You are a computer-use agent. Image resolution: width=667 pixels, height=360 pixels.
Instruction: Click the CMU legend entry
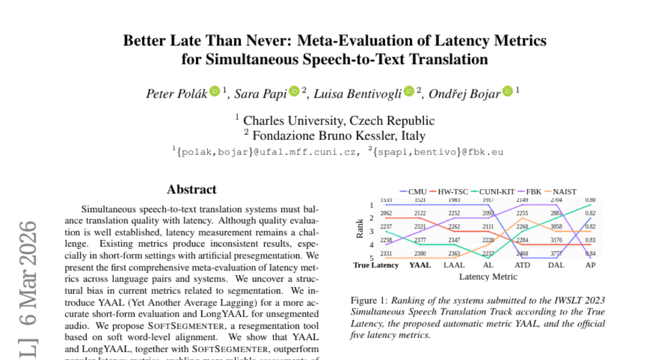413,192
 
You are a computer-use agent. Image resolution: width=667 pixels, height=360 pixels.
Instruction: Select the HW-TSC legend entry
450,192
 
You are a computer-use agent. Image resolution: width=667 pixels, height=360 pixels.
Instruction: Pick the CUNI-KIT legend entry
492,192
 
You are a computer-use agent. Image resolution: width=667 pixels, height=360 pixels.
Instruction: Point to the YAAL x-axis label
420,265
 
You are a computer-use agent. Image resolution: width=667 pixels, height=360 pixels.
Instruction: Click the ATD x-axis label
522,265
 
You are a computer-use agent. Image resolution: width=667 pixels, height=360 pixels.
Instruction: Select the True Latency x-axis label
376,265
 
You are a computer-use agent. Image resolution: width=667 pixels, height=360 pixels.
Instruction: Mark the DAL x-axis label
556,265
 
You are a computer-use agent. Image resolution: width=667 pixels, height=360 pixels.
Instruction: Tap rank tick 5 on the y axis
371,258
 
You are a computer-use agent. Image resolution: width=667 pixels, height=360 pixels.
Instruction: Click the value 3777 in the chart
556,253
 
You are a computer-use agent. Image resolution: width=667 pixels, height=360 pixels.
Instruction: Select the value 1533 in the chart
386,200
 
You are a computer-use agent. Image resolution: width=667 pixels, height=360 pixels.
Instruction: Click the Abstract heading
191,189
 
